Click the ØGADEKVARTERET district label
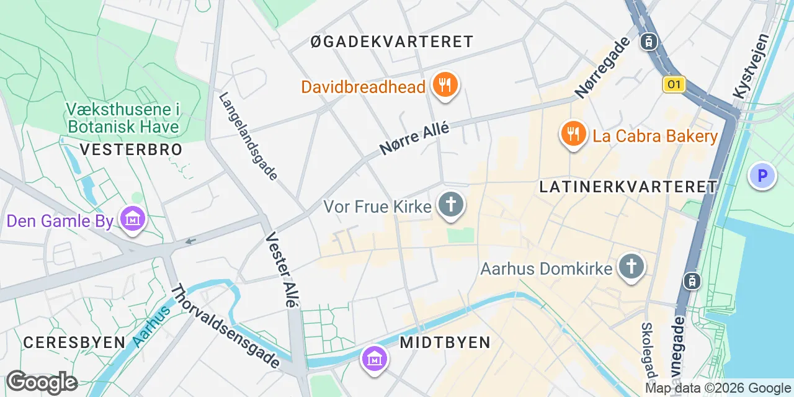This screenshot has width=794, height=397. [391, 42]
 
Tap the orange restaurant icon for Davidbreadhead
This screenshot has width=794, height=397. [444, 85]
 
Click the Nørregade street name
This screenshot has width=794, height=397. [602, 67]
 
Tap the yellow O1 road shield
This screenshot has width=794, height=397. [674, 84]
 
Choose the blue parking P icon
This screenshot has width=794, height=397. [762, 176]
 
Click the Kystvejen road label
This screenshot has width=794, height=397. [751, 66]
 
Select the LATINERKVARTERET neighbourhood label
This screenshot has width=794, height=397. [628, 187]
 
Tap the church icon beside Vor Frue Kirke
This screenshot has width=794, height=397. [451, 205]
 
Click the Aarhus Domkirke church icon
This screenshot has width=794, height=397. [631, 267]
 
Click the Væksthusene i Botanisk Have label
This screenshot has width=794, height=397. [122, 118]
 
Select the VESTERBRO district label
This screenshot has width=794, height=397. [131, 149]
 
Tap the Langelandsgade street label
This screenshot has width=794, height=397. [248, 136]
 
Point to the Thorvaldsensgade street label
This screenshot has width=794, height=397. [225, 326]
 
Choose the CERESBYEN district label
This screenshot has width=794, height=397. [74, 342]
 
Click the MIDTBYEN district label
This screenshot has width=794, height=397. [445, 342]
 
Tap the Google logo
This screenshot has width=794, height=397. [42, 383]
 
